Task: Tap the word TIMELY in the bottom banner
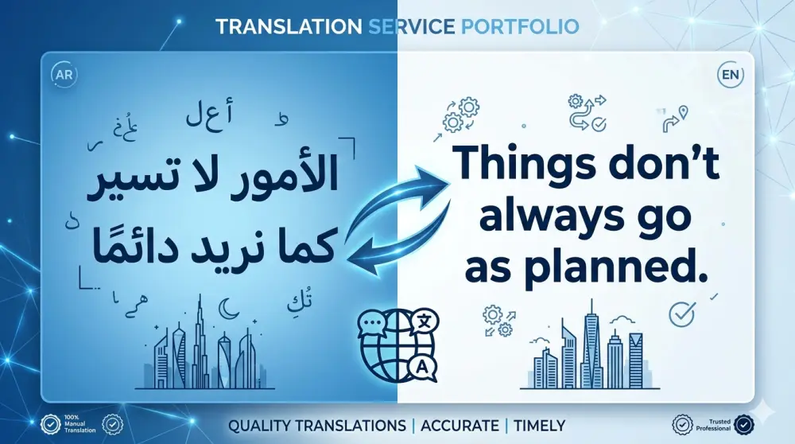point(537,426)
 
